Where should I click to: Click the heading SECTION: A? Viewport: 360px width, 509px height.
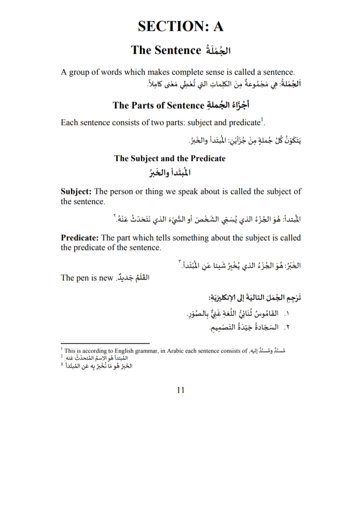[181, 26]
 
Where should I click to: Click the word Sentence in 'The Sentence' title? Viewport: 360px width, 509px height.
[178, 50]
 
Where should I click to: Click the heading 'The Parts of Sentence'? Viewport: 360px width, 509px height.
[158, 105]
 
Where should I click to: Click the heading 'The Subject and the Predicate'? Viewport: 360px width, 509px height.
[170, 158]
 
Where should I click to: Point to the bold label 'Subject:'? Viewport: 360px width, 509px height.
[76, 191]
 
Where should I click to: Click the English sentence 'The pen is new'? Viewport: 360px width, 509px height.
[87, 278]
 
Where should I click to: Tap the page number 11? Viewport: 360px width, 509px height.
[181, 390]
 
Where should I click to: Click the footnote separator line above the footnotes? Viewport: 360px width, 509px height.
[105, 343]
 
